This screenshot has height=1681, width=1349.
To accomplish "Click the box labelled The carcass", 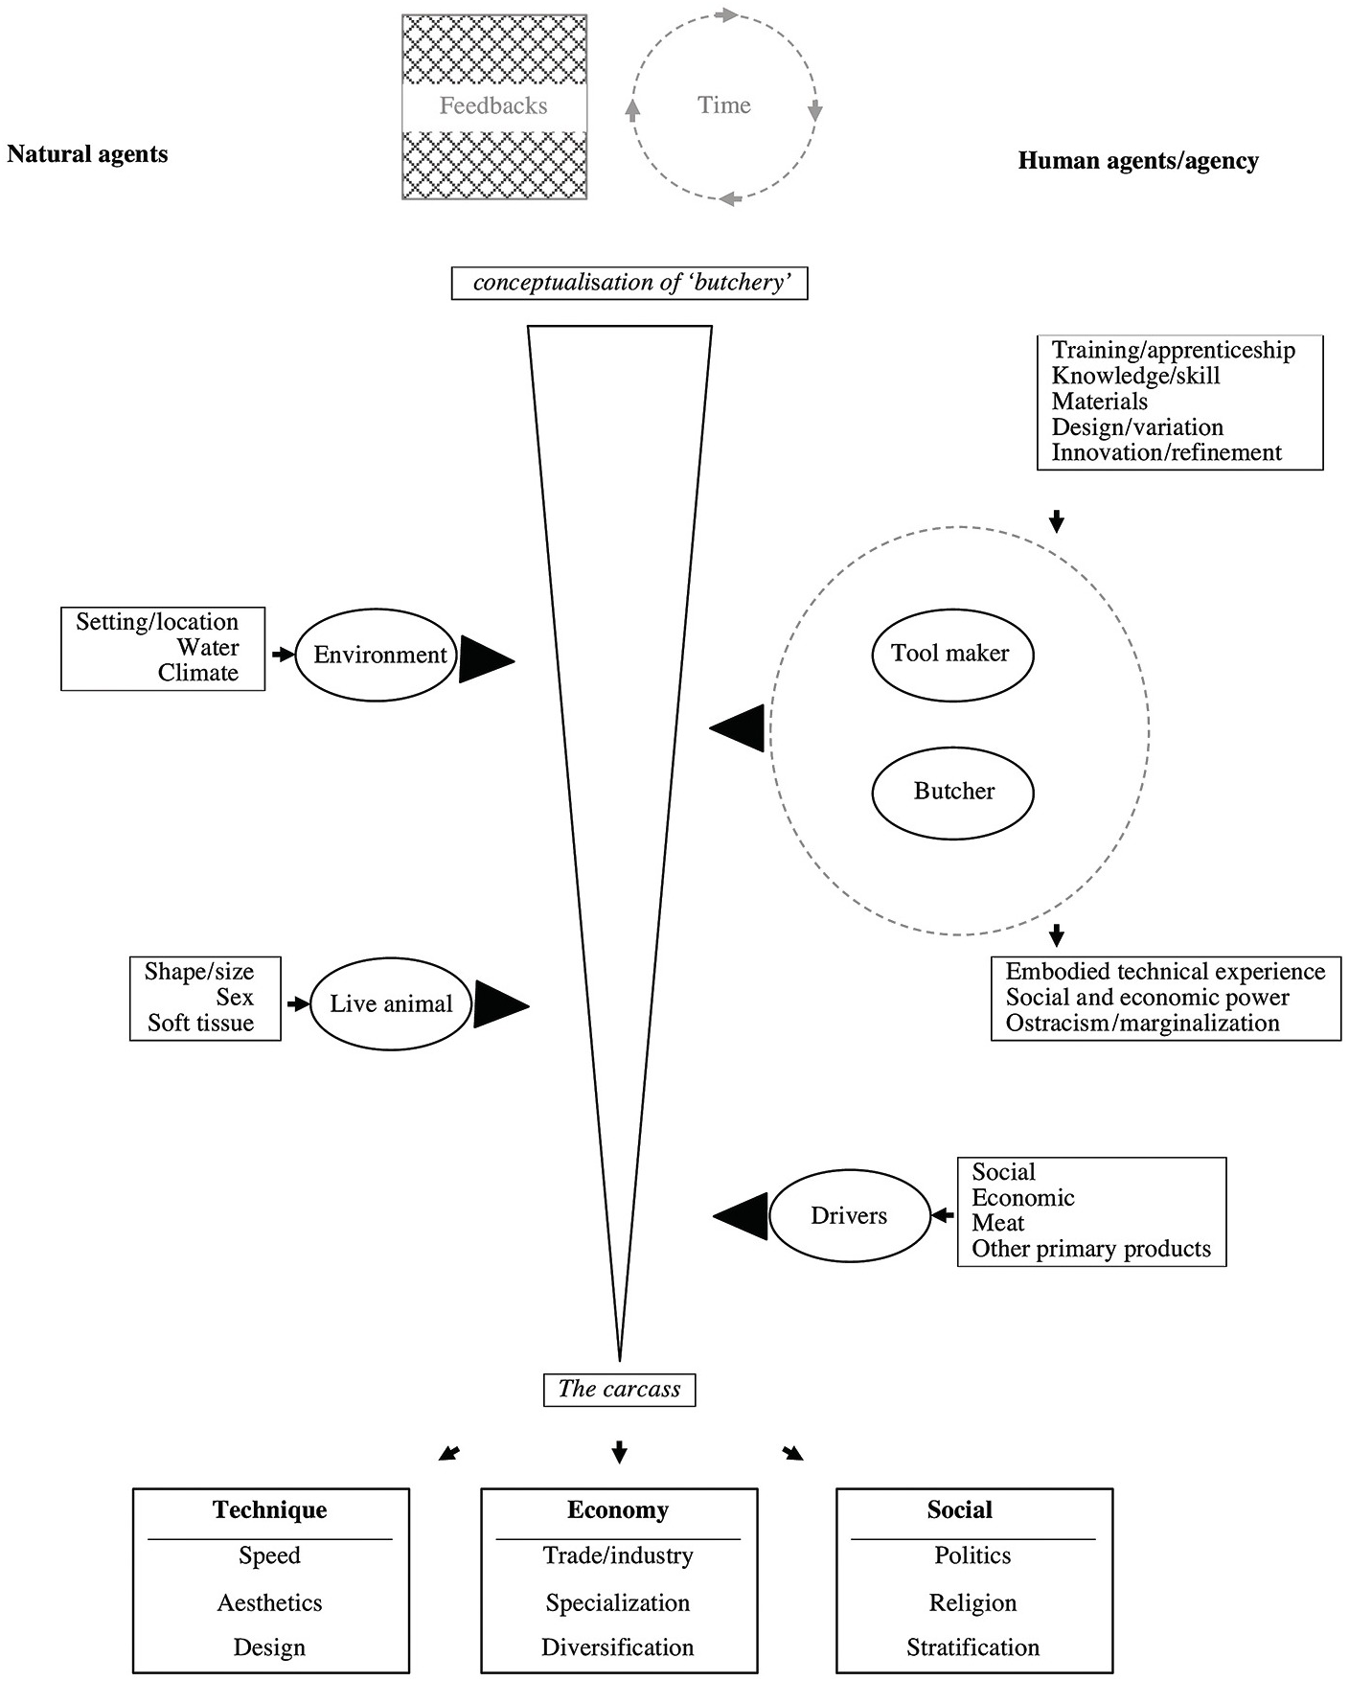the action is tap(619, 1390).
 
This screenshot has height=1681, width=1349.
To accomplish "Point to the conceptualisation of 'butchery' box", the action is tap(629, 284).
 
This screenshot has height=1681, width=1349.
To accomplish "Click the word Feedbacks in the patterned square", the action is tap(493, 105).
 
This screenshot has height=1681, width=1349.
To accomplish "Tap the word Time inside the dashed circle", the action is tap(724, 104).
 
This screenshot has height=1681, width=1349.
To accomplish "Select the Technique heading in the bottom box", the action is tap(270, 1510).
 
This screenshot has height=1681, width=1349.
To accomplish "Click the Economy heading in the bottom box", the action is tap(618, 1510).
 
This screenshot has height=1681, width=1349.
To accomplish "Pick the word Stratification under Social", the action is tap(973, 1647).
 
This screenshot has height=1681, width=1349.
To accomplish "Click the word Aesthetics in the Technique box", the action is tap(270, 1602).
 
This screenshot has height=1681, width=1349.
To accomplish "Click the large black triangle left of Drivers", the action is tap(741, 1216).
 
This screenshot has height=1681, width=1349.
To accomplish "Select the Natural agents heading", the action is tap(87, 154).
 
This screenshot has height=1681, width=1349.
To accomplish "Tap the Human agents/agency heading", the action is tap(1138, 161).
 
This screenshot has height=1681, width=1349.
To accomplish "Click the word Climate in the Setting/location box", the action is tap(198, 673).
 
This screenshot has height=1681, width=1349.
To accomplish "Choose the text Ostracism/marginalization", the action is tap(1143, 1024).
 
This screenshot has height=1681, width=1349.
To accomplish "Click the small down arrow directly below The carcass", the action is tap(619, 1452).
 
